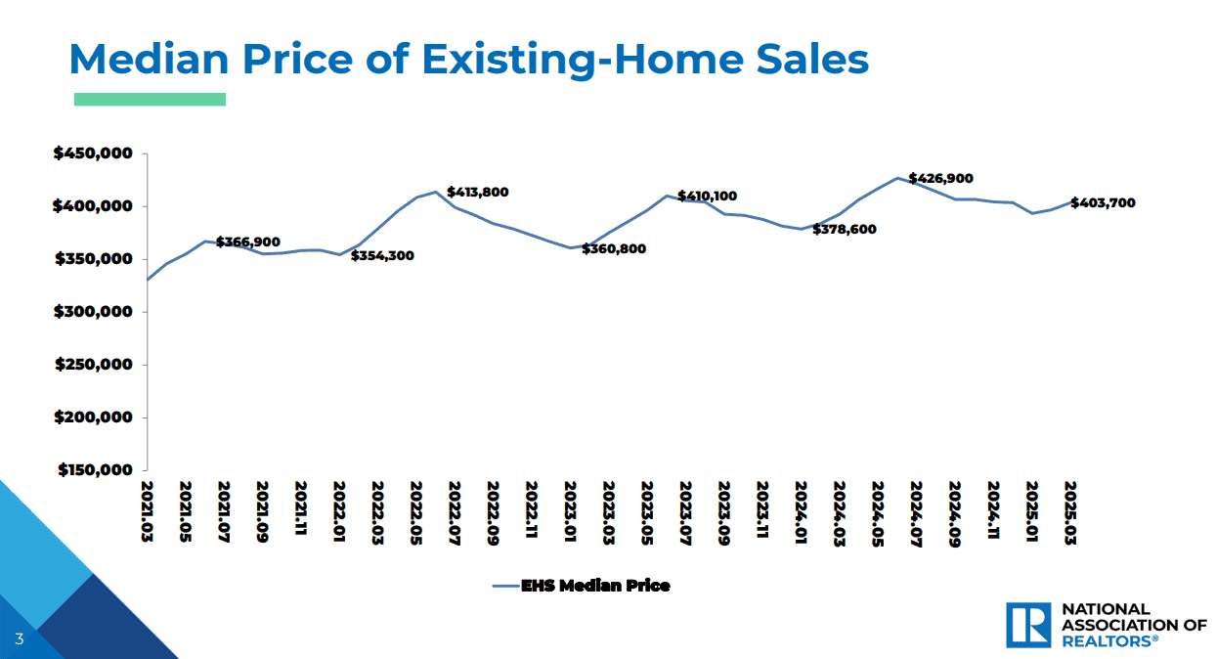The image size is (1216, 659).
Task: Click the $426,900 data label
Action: [x=940, y=178]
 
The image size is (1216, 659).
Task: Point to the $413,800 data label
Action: [x=478, y=192]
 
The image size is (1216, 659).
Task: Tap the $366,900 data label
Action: [x=248, y=242]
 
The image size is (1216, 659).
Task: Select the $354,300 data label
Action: [x=382, y=255]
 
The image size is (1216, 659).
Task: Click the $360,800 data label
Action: [x=614, y=248]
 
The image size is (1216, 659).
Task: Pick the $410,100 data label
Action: [x=708, y=196]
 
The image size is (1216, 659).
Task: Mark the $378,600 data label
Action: [x=845, y=229]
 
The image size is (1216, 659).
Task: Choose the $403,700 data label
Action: [x=1103, y=202]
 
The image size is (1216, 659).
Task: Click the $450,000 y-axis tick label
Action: [x=93, y=154]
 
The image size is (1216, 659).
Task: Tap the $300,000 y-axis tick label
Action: [x=93, y=312]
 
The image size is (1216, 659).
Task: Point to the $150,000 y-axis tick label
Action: [x=95, y=469]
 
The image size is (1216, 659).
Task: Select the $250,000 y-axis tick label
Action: [x=94, y=365]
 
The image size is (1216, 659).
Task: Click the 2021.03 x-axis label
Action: [x=147, y=511]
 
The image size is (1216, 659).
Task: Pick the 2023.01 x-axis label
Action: [x=570, y=511]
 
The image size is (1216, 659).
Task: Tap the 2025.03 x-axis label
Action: [x=1070, y=512]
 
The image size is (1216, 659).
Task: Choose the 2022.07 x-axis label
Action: [x=455, y=513]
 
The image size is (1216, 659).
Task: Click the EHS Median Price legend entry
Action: [x=582, y=586]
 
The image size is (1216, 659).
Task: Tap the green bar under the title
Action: [x=150, y=100]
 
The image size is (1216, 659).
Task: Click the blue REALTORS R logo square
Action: [x=1028, y=625]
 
